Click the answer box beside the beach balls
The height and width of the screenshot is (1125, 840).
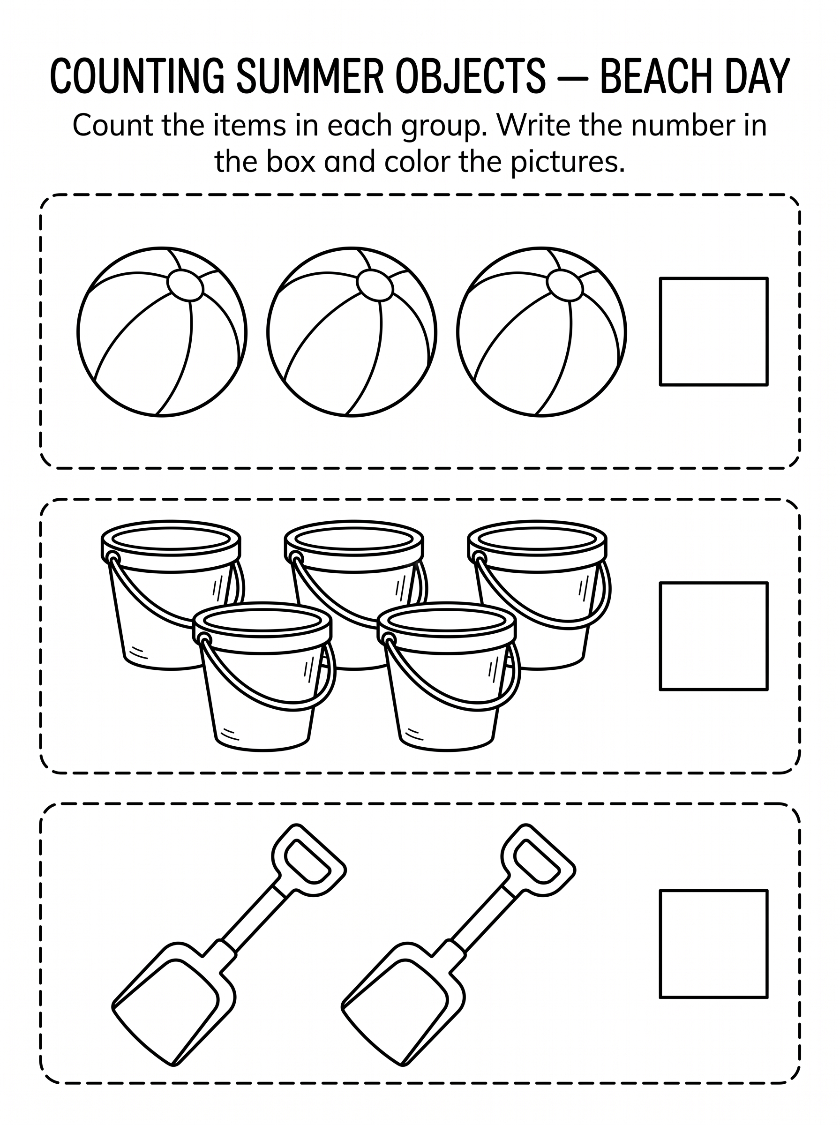click(x=713, y=331)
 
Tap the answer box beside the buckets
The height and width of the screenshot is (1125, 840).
click(x=713, y=636)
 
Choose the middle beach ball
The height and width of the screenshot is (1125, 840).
click(x=352, y=332)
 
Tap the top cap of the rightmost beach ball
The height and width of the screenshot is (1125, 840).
click(x=564, y=285)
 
